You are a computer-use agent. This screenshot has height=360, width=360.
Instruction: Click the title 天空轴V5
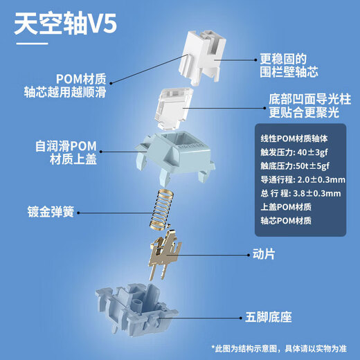[x=66, y=24]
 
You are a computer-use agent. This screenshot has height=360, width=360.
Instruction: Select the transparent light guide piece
[x=174, y=108]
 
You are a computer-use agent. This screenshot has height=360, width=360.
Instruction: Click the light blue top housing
[x=176, y=157]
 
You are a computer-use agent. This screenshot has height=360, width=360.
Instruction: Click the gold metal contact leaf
[x=165, y=255]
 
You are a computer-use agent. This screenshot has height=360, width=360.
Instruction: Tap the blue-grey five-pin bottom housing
[x=136, y=311]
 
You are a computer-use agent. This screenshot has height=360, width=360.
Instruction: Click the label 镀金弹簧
[x=51, y=212]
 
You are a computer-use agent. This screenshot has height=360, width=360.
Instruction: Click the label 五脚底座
[x=269, y=317]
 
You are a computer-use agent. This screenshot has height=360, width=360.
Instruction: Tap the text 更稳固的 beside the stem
[x=283, y=59]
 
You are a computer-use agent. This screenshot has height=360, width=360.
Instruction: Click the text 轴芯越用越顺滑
[x=65, y=92]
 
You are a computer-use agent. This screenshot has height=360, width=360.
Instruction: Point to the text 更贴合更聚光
[x=304, y=112]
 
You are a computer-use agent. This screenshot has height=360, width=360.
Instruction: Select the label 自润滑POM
[x=66, y=146]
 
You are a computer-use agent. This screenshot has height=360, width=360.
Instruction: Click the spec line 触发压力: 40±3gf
[x=294, y=152]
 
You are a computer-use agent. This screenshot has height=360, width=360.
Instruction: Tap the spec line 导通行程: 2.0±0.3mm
[x=303, y=180]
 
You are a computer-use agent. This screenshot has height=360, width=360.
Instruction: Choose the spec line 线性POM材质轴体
[x=294, y=138]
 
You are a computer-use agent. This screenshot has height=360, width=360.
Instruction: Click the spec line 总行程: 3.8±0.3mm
[x=300, y=193]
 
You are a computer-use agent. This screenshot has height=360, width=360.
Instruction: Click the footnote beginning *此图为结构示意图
[x=279, y=349]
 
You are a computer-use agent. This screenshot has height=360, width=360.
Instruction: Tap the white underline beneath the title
[x=32, y=44]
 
